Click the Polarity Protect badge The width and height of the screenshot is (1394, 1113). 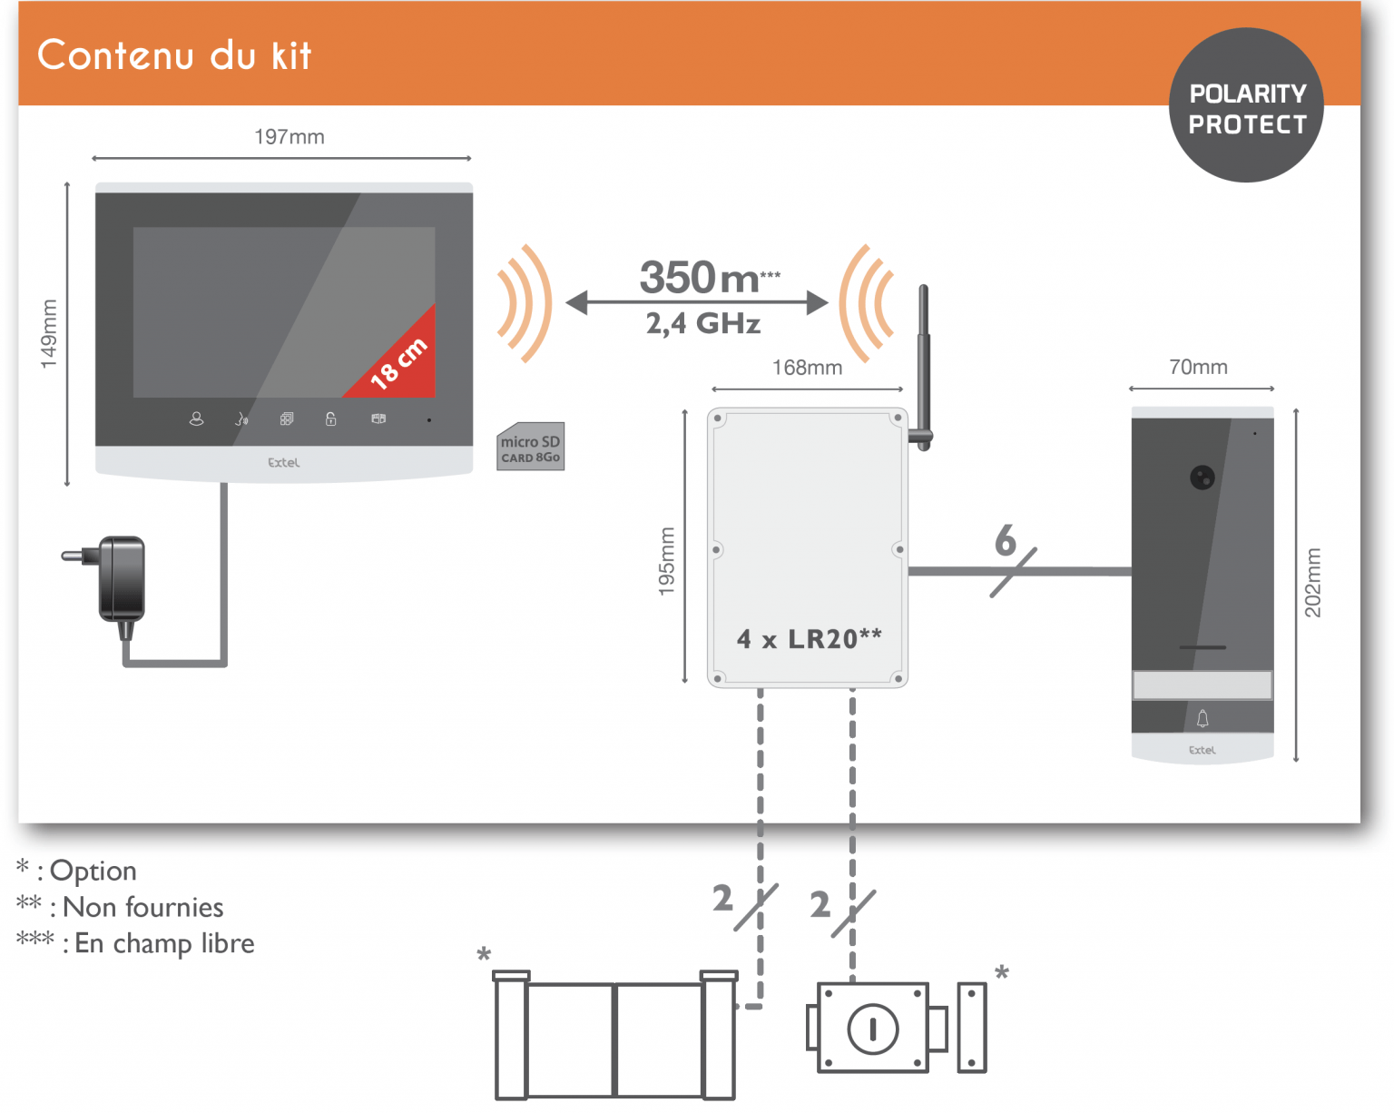click(1246, 106)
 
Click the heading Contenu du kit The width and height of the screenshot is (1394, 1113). click(174, 55)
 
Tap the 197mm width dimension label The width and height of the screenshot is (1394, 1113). click(289, 137)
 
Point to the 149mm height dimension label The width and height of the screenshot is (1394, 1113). click(49, 334)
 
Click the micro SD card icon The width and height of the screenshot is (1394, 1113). click(531, 447)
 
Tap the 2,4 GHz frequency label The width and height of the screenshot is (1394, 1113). click(703, 323)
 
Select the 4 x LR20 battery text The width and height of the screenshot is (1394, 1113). click(809, 639)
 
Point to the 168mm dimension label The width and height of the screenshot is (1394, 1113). click(807, 368)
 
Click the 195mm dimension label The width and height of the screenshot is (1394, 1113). click(667, 562)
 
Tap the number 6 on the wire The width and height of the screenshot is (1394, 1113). click(1005, 541)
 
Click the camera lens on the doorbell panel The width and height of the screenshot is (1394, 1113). click(1202, 478)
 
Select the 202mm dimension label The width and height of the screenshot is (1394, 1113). click(1313, 583)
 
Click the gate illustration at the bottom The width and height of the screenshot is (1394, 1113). click(615, 1039)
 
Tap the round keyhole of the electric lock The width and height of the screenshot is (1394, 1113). click(872, 1029)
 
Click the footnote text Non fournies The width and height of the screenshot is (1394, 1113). click(142, 907)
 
